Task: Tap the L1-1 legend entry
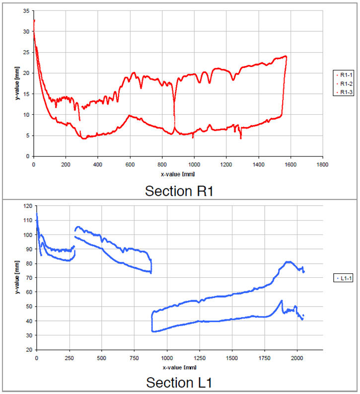(343, 279)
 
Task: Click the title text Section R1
(179, 190)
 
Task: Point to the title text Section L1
(179, 382)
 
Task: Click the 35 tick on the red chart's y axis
(26, 10)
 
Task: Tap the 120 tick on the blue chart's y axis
(28, 206)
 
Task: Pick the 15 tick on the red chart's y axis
(26, 94)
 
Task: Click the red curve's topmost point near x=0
(34, 20)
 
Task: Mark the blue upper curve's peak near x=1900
(288, 261)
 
